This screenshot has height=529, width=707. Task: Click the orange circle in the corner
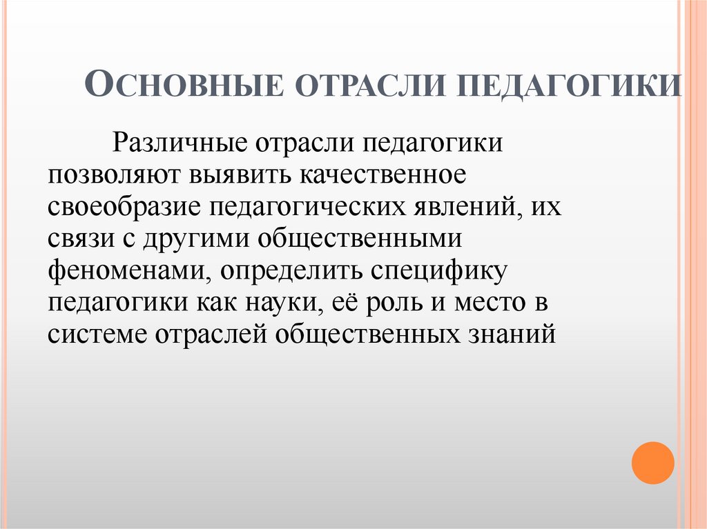(x=652, y=462)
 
